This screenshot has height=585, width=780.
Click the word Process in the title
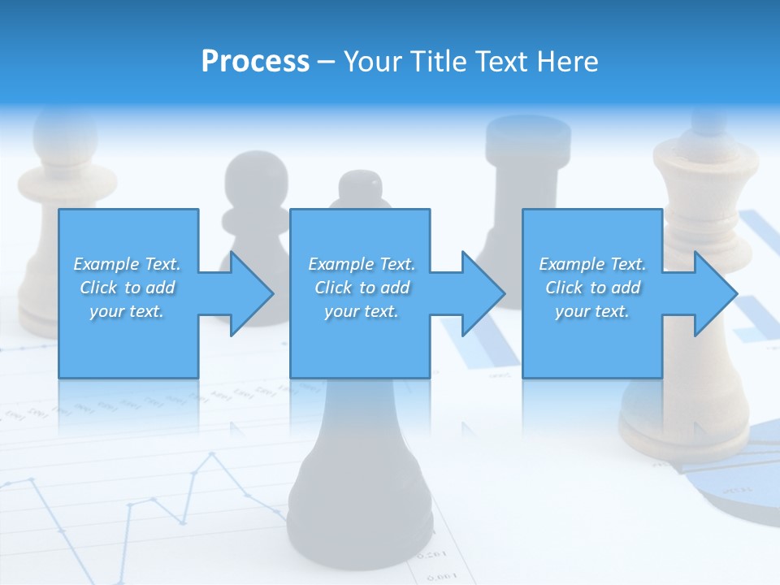pyautogui.click(x=255, y=61)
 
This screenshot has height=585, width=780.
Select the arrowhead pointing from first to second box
pyautogui.click(x=248, y=293)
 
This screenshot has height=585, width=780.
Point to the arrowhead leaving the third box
pyautogui.click(x=712, y=293)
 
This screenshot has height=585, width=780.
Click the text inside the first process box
pyautogui.click(x=127, y=288)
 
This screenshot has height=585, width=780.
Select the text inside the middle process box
pyautogui.click(x=362, y=288)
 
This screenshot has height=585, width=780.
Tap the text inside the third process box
pyautogui.click(x=592, y=288)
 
